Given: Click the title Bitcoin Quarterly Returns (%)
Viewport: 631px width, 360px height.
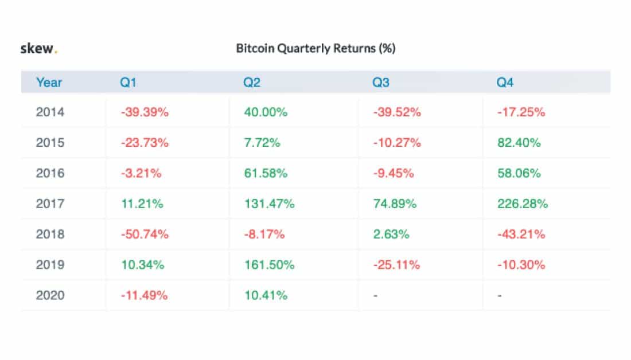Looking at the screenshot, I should (x=315, y=49).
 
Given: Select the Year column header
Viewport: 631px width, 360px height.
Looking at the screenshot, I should (x=49, y=83).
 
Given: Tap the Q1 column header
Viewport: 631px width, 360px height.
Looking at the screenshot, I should (x=127, y=83).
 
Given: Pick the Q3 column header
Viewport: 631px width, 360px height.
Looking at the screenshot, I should (x=380, y=83).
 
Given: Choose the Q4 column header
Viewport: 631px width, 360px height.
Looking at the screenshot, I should (x=505, y=83).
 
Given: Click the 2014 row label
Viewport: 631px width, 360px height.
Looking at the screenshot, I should (x=50, y=112).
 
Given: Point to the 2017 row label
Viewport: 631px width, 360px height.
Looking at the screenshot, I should (x=50, y=204).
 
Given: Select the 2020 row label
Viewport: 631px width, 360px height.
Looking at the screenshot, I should (x=50, y=296).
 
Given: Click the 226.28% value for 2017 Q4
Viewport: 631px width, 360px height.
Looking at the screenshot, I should (x=523, y=204).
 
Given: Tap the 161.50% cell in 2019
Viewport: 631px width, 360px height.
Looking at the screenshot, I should (x=268, y=265).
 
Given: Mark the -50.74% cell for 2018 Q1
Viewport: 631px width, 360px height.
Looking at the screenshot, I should (x=145, y=234).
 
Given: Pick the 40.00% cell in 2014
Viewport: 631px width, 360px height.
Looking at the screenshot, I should (x=265, y=112).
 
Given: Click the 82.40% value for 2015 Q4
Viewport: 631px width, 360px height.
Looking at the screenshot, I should (x=519, y=143).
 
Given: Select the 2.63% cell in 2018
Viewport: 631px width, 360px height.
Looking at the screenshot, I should (x=391, y=234).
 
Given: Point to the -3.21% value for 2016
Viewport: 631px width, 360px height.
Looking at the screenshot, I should (x=141, y=173).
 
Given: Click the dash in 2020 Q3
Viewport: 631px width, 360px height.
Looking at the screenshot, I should (x=375, y=296).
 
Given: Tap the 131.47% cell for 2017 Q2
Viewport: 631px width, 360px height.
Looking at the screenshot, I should (x=268, y=204).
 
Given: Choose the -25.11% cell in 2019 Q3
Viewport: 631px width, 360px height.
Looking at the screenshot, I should (x=396, y=265).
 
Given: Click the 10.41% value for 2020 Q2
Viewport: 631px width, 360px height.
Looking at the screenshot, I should (x=265, y=296).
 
